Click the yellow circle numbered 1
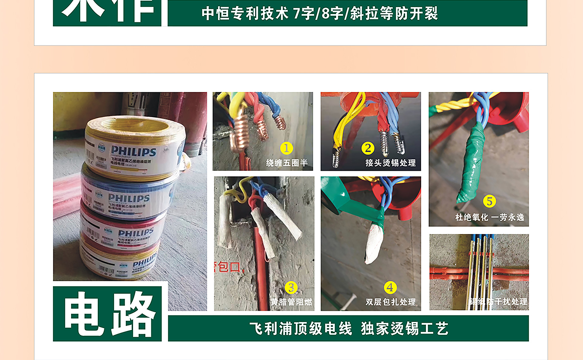pos(286,148)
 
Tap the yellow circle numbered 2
pos(368,148)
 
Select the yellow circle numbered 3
pos(291,287)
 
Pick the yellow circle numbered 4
pos(390,287)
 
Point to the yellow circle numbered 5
pos(489,201)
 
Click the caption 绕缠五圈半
pos(287,163)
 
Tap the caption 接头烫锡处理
pos(390,163)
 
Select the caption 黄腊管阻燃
pos(291,302)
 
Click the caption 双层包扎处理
pos(390,302)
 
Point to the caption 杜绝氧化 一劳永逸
pos(489,217)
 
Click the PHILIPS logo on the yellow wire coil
pos(134,151)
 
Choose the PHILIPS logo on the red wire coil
pos(136,233)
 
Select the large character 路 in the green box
pos(134,314)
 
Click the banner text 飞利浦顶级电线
pos(301,329)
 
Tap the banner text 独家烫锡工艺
pos(404,329)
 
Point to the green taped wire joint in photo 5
pos(471,164)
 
